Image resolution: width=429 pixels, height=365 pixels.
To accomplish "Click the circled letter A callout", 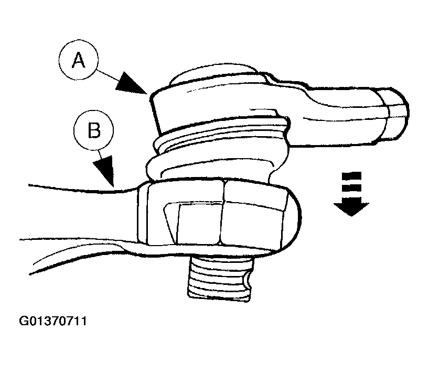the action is (x=78, y=61).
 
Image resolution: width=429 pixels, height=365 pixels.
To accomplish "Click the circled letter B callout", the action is (x=93, y=130).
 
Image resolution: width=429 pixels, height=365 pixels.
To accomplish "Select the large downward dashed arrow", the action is (x=351, y=193).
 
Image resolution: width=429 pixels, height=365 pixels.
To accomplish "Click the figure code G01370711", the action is (x=53, y=321).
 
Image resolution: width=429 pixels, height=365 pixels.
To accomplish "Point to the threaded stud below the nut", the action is (x=219, y=279).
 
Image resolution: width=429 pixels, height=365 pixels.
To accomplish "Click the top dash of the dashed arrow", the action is (x=351, y=175).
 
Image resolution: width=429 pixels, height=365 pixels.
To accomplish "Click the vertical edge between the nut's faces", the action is (x=223, y=212).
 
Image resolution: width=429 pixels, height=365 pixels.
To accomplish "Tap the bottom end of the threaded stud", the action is (x=219, y=298).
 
